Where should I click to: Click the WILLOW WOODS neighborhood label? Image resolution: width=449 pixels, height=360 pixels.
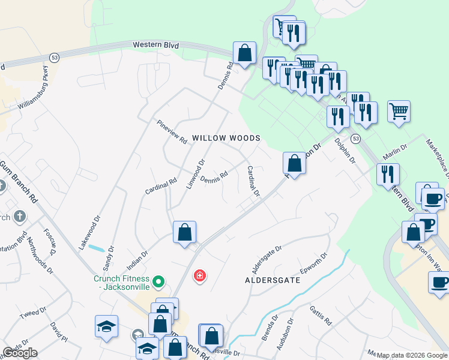click(226, 138)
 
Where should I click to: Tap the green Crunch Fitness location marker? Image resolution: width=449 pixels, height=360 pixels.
click(158, 281)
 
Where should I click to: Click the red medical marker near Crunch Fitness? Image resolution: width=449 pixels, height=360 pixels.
click(199, 275)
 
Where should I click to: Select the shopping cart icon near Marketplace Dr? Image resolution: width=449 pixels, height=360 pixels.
click(399, 112)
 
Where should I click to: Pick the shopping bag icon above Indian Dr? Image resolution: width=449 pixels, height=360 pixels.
click(185, 232)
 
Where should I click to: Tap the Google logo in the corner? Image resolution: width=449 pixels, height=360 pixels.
click(20, 353)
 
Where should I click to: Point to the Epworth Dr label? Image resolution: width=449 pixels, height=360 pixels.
click(314, 262)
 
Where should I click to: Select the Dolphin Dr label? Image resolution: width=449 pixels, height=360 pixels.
click(346, 151)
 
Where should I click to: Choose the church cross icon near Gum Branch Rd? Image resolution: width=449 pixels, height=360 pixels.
click(19, 216)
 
